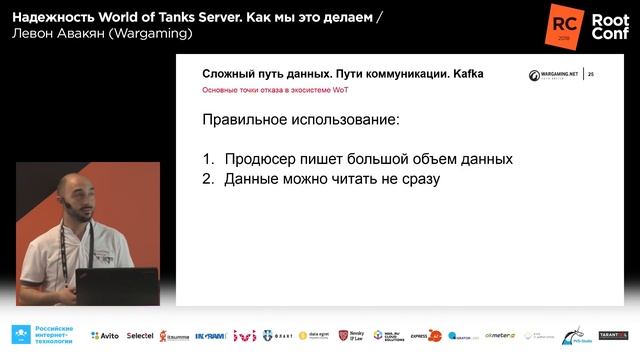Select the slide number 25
tap(590, 74)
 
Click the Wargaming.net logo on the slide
tap(551, 74)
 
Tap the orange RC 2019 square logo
tap(562, 24)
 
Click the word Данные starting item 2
tap(255, 179)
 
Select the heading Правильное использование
tap(300, 120)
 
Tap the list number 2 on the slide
tap(208, 179)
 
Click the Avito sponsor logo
tap(104, 336)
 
